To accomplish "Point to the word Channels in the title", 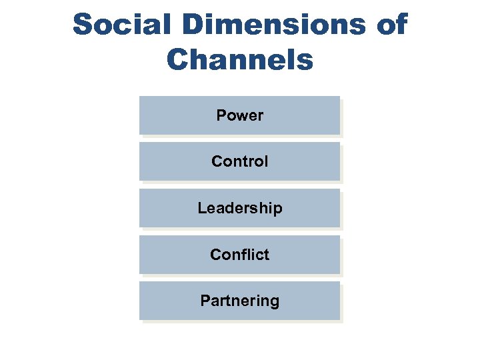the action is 240,59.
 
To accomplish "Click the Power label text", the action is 240,115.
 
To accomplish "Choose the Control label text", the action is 240,161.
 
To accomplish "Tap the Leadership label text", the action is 240,208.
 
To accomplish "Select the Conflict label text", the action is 240,255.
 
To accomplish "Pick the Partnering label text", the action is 240,301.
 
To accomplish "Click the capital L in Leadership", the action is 201,208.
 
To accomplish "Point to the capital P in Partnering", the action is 205,301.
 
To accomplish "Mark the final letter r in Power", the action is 261,116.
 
